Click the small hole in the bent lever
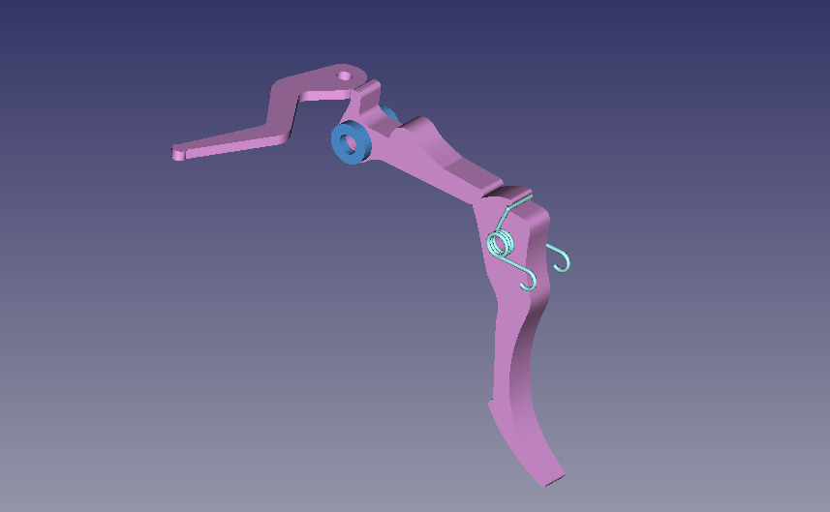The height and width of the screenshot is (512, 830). coord(344,74)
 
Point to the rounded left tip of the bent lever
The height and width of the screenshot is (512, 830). coord(178,153)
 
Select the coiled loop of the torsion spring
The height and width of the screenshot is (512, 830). coord(501,241)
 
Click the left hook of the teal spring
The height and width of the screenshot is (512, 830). coord(529,282)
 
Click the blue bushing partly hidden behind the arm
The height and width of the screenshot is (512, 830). coord(389,115)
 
